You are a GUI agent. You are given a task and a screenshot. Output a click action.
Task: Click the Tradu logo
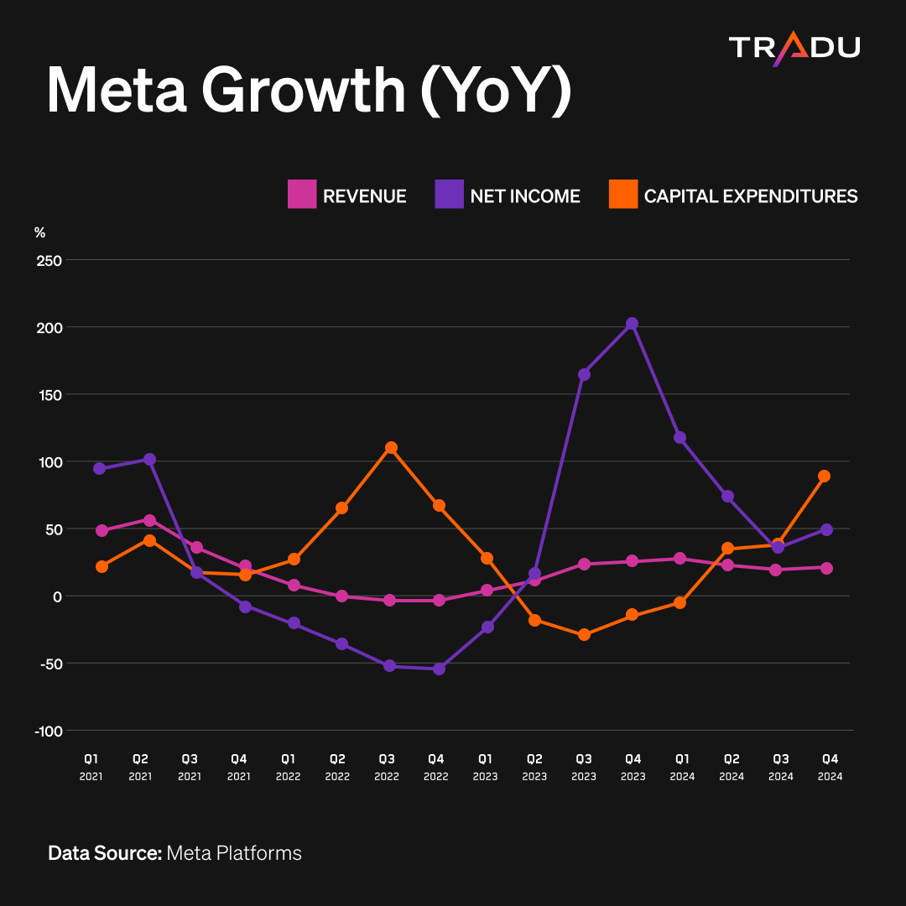[x=794, y=49]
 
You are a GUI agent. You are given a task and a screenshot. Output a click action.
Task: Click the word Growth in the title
[x=304, y=91]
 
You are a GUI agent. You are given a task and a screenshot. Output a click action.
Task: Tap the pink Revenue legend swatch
[x=302, y=194]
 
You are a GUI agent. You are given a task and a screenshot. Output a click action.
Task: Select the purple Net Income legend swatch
[x=449, y=194]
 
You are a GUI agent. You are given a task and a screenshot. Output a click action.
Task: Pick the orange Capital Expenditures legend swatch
[x=623, y=194]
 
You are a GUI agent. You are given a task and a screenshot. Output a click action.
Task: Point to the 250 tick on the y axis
[x=49, y=261]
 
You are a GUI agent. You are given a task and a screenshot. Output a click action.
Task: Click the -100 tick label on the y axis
[x=49, y=731]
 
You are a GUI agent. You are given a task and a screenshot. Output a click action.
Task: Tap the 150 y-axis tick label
[x=49, y=395]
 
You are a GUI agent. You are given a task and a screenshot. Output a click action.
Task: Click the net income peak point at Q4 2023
[x=633, y=324]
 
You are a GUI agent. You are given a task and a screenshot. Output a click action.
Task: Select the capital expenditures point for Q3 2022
[x=391, y=448]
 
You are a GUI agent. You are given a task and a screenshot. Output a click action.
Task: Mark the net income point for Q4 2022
[x=439, y=669]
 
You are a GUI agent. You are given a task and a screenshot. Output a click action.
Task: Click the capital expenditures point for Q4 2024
[x=825, y=476]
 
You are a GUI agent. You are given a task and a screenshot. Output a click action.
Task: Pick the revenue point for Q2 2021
[x=149, y=521]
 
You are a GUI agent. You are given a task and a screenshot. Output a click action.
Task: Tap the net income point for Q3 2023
[x=584, y=374]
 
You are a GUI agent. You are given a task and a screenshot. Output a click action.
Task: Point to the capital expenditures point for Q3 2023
[x=584, y=634]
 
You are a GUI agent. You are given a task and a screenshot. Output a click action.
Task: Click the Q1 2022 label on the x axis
[x=289, y=768]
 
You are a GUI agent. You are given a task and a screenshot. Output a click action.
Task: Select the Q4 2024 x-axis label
[x=830, y=768]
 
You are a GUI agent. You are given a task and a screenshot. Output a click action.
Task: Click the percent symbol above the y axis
[x=40, y=232]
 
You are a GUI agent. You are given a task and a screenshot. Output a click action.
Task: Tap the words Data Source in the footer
[x=105, y=853]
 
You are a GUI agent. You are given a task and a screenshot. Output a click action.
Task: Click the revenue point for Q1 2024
[x=680, y=559]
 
